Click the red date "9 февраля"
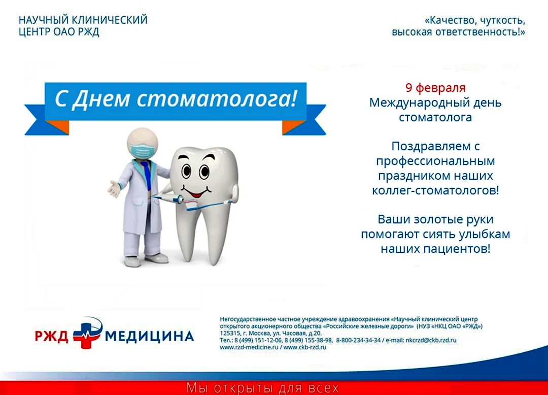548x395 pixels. [x=435, y=88]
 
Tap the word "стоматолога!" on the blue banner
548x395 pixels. [x=217, y=99]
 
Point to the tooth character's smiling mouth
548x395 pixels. [x=196, y=192]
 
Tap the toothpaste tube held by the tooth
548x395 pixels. [x=168, y=198]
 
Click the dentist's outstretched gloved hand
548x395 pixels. [x=114, y=189]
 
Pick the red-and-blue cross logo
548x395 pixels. [x=87, y=333]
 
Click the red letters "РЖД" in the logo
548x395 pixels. [x=51, y=336]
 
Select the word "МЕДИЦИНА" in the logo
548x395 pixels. [x=149, y=336]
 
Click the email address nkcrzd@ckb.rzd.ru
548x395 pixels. [x=431, y=340]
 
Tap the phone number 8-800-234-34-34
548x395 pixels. [x=358, y=340]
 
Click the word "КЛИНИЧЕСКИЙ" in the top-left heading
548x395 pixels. [x=109, y=20]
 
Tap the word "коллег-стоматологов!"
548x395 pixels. [x=435, y=190]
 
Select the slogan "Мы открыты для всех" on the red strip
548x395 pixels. [x=262, y=388]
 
